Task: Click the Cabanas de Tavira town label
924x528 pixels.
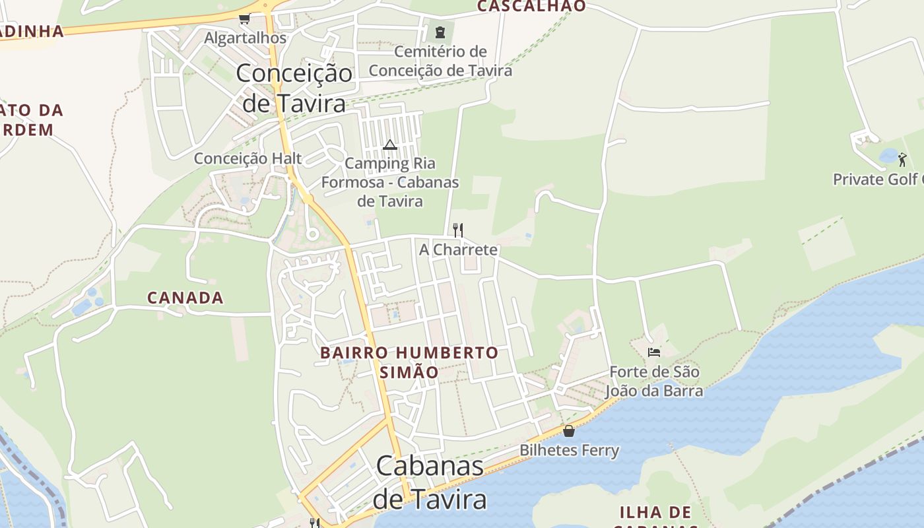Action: click(x=430, y=482)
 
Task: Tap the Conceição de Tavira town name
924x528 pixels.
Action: click(x=294, y=88)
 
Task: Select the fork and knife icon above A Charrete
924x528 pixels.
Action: click(x=458, y=230)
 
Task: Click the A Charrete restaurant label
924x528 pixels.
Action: click(x=459, y=250)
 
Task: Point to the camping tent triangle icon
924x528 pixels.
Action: click(x=390, y=145)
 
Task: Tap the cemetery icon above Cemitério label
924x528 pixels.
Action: click(x=440, y=32)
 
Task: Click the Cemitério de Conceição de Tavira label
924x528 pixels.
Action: click(x=440, y=61)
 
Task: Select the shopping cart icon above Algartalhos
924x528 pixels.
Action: click(x=245, y=19)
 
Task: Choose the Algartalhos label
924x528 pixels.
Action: click(x=246, y=38)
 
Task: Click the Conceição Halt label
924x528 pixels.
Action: click(x=247, y=158)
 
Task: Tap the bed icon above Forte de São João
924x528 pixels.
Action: click(x=654, y=352)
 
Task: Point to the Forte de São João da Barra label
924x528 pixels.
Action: click(x=654, y=381)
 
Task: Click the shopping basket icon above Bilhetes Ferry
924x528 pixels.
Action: click(x=569, y=431)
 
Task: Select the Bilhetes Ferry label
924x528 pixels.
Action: click(x=570, y=451)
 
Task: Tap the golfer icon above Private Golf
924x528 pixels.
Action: click(x=902, y=159)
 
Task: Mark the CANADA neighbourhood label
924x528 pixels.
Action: click(x=185, y=298)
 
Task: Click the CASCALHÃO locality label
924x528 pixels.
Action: click(x=531, y=6)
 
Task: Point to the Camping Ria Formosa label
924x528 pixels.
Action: click(x=390, y=181)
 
